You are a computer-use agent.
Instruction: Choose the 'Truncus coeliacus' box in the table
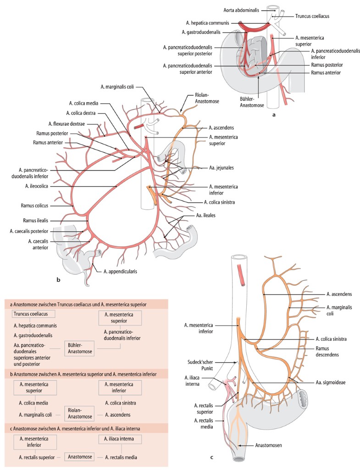coord(34,314)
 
